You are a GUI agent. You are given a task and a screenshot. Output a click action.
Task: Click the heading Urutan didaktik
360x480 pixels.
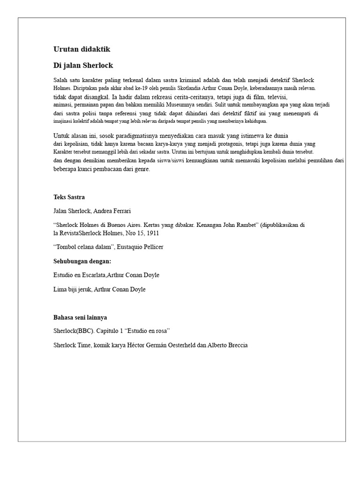coord(82,49)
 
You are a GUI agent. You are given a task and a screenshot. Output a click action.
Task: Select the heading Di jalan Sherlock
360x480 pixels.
coord(83,65)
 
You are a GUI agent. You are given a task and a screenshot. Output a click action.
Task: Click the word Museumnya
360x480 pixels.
coord(187,105)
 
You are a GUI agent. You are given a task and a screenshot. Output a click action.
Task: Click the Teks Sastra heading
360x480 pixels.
coord(69,197)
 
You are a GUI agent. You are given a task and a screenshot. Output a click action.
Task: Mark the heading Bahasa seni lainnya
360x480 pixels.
coord(81,317)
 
